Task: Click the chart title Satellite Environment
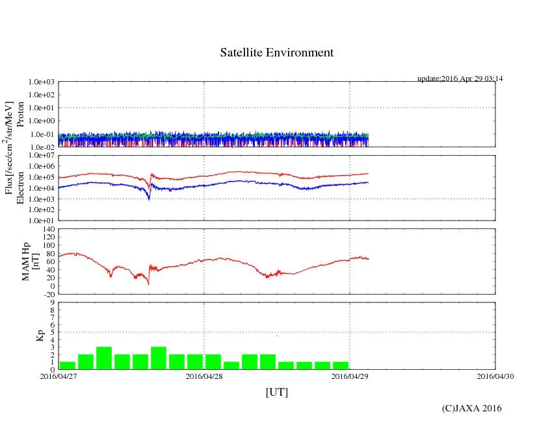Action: tap(276, 53)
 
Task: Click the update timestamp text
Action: tap(460, 79)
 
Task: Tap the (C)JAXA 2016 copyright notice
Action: tap(471, 408)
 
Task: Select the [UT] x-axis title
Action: tap(276, 392)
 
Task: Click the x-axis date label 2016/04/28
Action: tap(204, 376)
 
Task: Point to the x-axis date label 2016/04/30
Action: tap(495, 376)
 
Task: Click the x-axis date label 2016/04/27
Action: tap(58, 376)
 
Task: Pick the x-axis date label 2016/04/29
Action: tap(350, 376)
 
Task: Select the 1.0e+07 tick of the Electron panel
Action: tap(42, 156)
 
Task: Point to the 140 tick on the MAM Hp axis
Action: tap(48, 230)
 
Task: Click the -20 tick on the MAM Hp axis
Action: tap(48, 294)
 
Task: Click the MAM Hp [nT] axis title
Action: tap(31, 261)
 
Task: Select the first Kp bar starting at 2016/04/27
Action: tap(67, 365)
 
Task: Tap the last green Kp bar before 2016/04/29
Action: tap(341, 365)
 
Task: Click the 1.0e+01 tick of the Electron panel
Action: tap(42, 220)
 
